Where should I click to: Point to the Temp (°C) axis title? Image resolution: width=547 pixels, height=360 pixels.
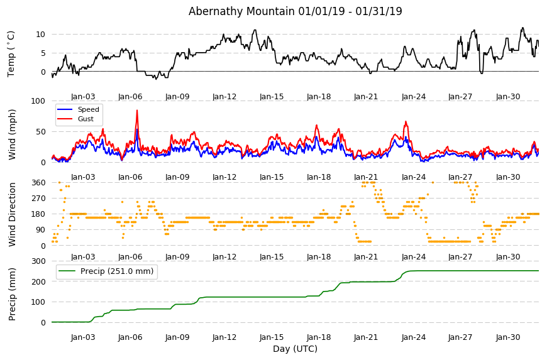pyautogui.click(x=11, y=54)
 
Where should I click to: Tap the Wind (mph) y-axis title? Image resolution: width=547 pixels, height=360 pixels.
pyautogui.click(x=12, y=134)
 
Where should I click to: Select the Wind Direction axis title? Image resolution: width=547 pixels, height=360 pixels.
pyautogui.click(x=12, y=215)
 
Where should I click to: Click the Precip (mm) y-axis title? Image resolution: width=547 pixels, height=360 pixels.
pyautogui.click(x=12, y=294)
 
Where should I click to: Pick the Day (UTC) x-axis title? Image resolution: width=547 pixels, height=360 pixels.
pyautogui.click(x=295, y=349)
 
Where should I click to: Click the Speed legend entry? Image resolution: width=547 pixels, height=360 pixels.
pyautogui.click(x=88, y=109)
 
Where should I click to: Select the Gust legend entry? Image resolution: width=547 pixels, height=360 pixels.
pyautogui.click(x=86, y=119)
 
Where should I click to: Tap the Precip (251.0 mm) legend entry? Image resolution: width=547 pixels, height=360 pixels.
pyautogui.click(x=117, y=271)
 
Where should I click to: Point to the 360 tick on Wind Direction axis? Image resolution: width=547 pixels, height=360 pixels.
pyautogui.click(x=38, y=183)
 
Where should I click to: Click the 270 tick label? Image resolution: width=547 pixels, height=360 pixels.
pyautogui.click(x=38, y=199)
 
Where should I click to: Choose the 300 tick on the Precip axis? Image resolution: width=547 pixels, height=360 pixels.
pyautogui.click(x=38, y=261)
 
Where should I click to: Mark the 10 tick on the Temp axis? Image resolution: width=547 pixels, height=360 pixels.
pyautogui.click(x=40, y=34)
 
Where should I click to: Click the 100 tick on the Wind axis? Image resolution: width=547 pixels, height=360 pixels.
pyautogui.click(x=38, y=101)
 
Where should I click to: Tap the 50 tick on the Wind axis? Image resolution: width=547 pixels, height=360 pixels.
pyautogui.click(x=40, y=132)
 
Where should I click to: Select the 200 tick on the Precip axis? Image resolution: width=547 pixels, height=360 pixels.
pyautogui.click(x=38, y=281)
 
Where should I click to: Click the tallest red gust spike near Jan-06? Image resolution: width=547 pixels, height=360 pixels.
pyautogui.click(x=137, y=111)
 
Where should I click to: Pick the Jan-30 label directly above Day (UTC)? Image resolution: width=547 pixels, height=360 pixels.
pyautogui.click(x=508, y=337)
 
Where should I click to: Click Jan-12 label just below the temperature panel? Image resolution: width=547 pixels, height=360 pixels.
pyautogui.click(x=224, y=97)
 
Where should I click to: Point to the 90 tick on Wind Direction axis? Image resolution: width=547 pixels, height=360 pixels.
pyautogui.click(x=40, y=230)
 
